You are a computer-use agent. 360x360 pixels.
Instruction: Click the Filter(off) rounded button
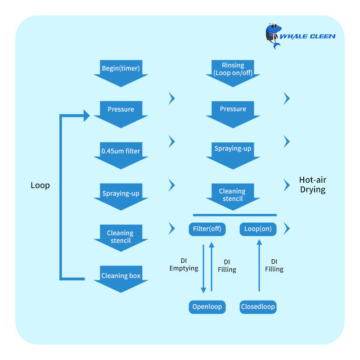207,229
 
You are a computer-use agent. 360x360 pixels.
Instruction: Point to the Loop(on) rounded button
258,229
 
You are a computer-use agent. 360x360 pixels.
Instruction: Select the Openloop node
207,307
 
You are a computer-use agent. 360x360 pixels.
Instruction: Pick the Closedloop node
258,307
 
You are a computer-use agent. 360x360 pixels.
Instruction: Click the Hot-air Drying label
312,185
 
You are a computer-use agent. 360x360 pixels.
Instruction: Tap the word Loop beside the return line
40,185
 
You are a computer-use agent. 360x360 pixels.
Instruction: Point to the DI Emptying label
184,265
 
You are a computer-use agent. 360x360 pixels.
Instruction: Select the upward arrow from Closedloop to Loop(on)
259,265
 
